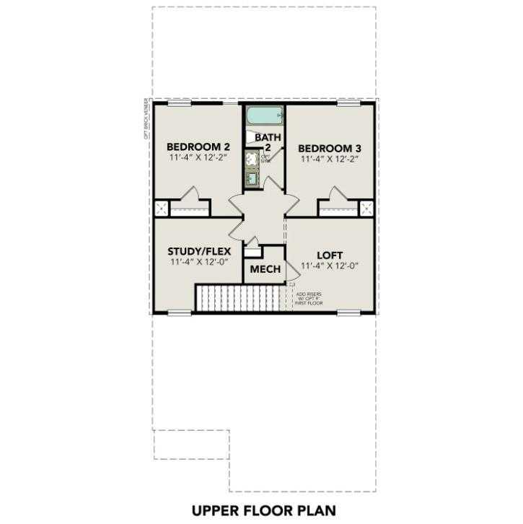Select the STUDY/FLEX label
tap(198, 251)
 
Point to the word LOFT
tap(329, 255)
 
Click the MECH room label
tap(265, 270)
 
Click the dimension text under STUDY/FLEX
tap(198, 263)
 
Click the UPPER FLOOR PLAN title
tap(263, 510)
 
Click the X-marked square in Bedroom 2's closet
tap(161, 209)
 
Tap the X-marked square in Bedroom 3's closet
tap(366, 209)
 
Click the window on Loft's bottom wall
tap(348, 313)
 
